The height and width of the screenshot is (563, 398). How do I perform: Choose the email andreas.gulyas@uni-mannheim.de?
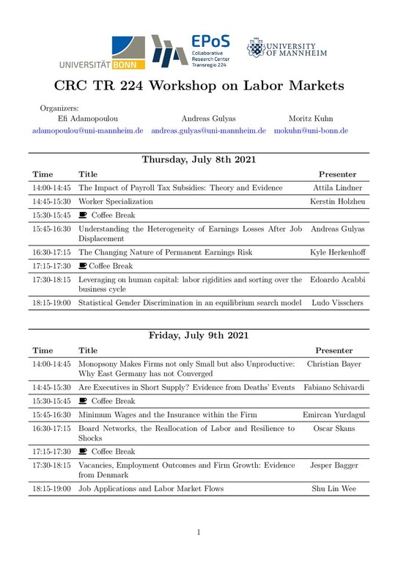(x=208, y=130)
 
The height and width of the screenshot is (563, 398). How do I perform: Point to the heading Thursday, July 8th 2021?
(x=199, y=159)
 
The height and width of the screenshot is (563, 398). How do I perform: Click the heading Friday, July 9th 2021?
(x=199, y=335)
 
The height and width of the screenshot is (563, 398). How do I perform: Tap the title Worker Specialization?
(x=116, y=201)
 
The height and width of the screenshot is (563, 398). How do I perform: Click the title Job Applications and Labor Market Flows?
(x=150, y=488)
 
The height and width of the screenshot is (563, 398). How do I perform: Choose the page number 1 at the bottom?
(x=199, y=532)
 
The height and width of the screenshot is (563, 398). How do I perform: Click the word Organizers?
(x=59, y=108)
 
